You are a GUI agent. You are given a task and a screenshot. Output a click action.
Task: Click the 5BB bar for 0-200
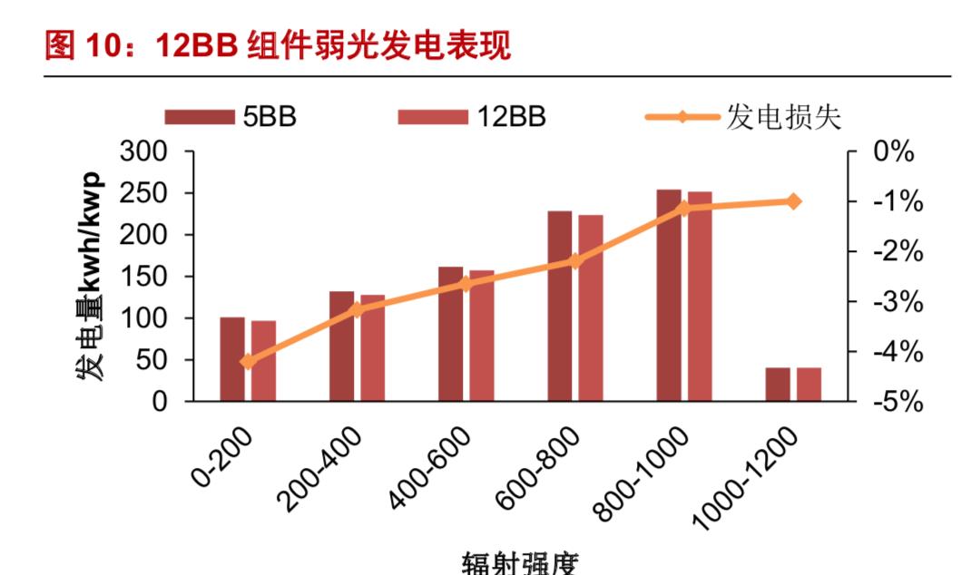(x=232, y=359)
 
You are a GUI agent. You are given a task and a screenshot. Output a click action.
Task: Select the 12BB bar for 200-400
(x=372, y=348)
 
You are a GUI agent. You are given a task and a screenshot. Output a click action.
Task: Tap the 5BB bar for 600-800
(x=560, y=307)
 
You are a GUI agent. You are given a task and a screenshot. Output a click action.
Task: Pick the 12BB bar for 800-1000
(x=700, y=297)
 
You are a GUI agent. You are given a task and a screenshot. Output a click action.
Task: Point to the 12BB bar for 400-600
(x=482, y=336)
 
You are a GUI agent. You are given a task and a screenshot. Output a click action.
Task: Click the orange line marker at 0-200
(x=248, y=362)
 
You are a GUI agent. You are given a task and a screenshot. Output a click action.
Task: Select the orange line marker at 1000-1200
(x=793, y=201)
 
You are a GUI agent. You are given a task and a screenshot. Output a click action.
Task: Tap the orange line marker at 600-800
(x=574, y=261)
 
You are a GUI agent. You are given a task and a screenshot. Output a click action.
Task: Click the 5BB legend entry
(x=230, y=117)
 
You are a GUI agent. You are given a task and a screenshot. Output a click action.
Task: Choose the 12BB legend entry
(x=472, y=117)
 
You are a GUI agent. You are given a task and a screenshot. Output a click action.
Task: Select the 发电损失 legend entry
(x=744, y=117)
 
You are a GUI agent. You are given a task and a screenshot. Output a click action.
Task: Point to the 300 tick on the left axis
(x=144, y=151)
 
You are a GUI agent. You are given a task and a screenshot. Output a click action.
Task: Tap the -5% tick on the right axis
(x=897, y=402)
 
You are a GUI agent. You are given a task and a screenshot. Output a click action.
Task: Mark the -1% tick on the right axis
(x=897, y=202)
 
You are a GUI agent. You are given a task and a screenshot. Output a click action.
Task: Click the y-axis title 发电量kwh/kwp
(x=90, y=276)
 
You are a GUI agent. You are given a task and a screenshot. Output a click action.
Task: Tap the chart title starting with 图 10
(x=278, y=45)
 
